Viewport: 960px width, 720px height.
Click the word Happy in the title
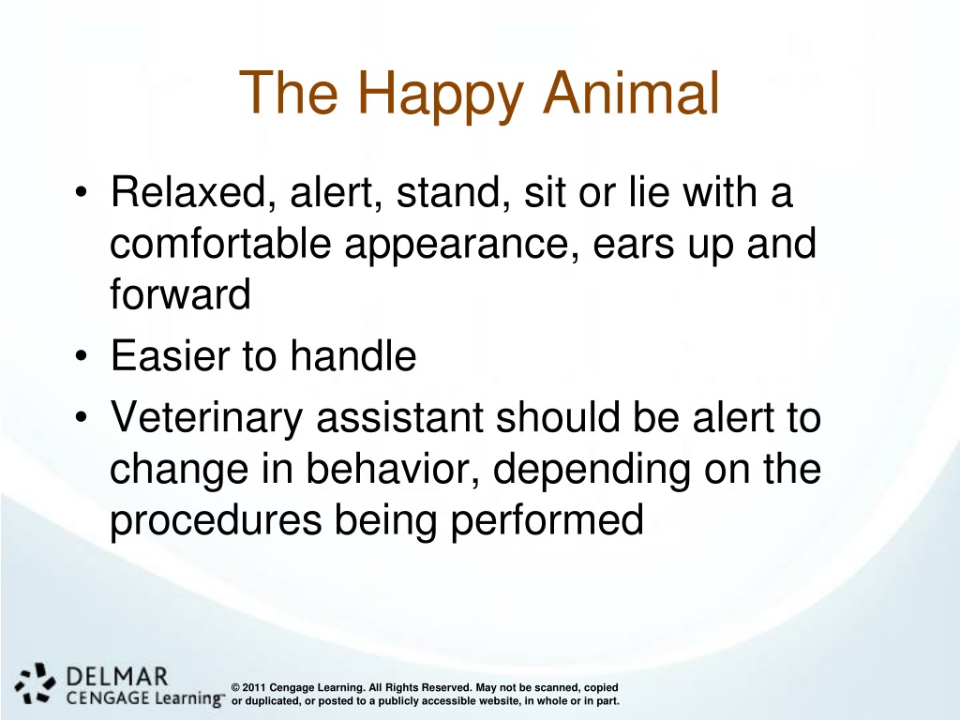440,95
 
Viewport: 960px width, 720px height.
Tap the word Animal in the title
631,93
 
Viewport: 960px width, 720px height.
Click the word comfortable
220,243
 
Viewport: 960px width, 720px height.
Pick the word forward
181,293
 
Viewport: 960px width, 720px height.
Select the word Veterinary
207,419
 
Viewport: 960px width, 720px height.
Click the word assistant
399,417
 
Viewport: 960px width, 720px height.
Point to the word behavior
392,469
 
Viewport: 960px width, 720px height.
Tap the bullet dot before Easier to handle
82,355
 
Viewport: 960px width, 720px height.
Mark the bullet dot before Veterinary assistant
82,417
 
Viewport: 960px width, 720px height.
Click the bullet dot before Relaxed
82,192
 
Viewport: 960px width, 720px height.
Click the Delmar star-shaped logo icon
35,682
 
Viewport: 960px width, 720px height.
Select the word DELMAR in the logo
116,677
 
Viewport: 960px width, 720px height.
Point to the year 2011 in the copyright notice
254,687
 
